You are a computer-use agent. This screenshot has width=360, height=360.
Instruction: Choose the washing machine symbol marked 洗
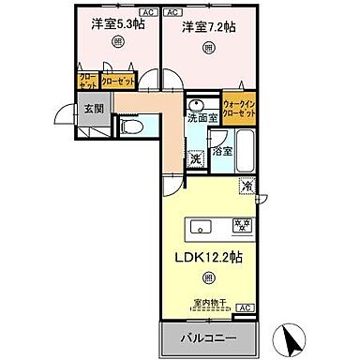196,157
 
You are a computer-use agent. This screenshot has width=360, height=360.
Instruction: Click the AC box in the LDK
244,308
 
